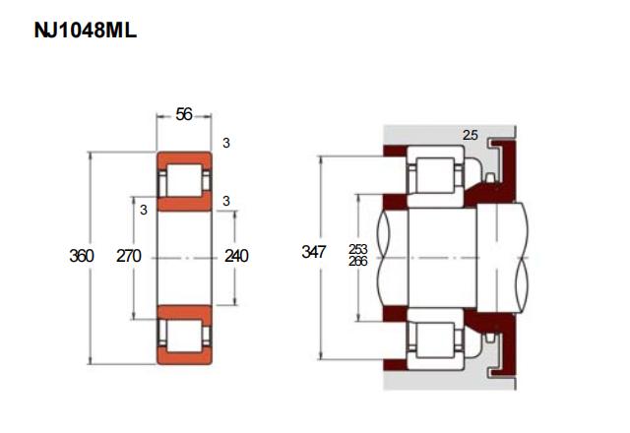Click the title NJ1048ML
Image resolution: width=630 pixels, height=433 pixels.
86,31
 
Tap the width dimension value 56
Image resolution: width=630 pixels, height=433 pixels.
184,115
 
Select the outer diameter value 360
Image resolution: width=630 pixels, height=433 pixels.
82,256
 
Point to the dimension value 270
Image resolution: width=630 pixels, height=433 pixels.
129,256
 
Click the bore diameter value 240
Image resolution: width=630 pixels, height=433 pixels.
236,256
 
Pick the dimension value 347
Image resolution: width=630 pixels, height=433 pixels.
313,252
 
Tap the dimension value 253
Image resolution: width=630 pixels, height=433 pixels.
358,249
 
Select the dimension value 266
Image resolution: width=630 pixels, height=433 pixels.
358,262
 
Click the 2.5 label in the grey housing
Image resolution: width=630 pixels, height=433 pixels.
471,136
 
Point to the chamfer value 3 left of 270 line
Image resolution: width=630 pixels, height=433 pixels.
144,210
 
